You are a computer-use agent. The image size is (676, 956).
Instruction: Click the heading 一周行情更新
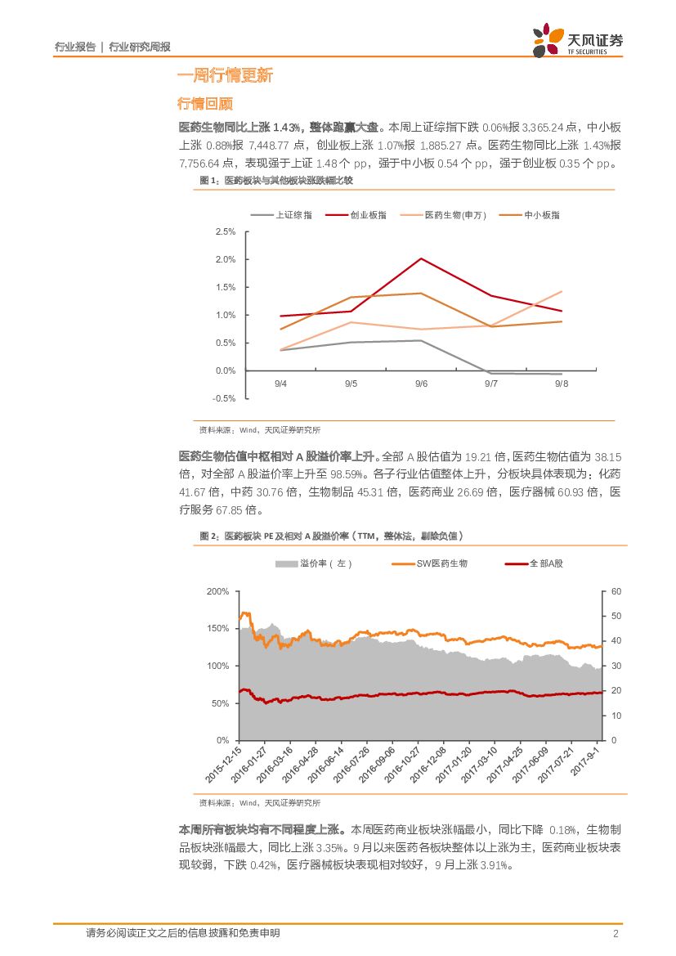tap(225, 76)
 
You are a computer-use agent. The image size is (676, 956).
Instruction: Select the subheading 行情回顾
tap(205, 105)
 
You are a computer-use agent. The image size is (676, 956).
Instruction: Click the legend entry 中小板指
tap(545, 215)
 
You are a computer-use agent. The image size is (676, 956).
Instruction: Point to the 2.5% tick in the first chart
tap(225, 232)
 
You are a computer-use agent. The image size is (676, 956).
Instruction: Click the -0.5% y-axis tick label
tap(223, 399)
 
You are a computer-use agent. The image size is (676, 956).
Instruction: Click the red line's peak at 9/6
tap(422, 258)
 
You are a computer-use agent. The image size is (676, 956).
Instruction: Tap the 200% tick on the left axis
tap(218, 591)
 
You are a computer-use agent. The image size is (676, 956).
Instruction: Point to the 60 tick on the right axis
tap(616, 591)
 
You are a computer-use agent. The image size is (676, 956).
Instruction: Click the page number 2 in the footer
tap(615, 933)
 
